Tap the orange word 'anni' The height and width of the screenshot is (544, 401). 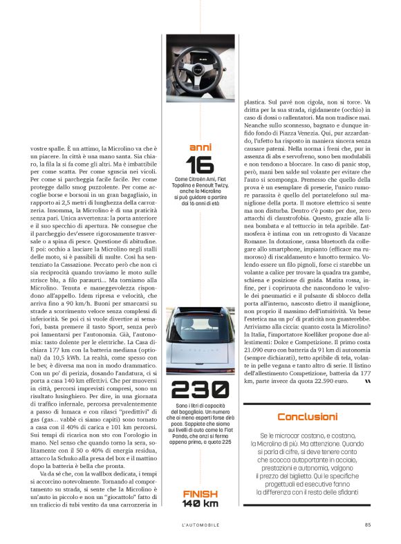pyautogui.click(x=200, y=147)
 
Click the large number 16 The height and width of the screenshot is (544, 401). pyautogui.click(x=200, y=165)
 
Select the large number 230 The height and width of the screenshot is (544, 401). pyautogui.click(x=200, y=390)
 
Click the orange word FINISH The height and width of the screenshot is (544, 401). pyautogui.click(x=200, y=493)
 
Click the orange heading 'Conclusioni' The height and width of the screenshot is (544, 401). pyautogui.click(x=307, y=417)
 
